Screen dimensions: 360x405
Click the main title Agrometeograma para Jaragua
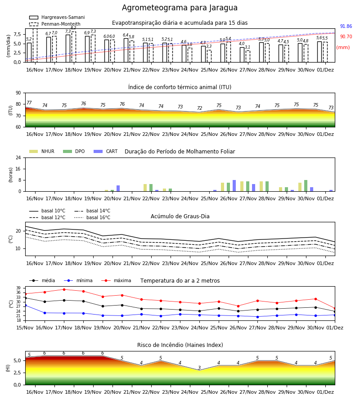point(180,8)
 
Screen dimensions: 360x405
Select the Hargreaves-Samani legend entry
point(57,17)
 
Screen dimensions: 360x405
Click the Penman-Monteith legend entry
point(55,24)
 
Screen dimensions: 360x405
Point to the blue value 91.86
point(346,26)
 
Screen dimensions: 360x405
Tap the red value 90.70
point(346,37)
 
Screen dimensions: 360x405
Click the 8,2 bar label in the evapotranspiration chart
point(74,28)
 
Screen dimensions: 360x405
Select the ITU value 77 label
point(29,103)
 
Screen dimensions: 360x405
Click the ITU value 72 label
point(200,108)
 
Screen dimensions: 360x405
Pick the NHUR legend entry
point(42,151)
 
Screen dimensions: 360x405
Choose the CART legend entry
point(106,151)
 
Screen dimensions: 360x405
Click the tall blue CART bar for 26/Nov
point(234,186)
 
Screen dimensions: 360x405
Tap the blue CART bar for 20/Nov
point(118,189)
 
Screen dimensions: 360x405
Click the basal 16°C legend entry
point(92,217)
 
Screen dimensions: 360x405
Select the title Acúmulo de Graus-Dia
point(180,216)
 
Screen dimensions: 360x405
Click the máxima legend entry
point(117,280)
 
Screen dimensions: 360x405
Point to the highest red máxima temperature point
point(64,289)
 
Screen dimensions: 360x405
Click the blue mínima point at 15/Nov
point(25,305)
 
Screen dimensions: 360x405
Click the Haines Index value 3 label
point(199,368)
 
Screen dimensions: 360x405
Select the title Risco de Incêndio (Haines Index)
point(180,345)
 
